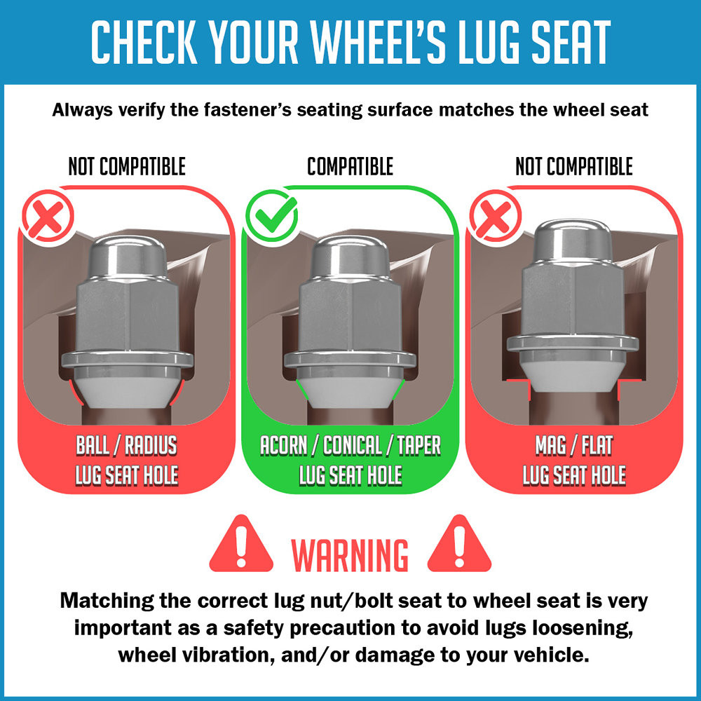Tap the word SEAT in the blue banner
[569, 42]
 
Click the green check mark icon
[272, 215]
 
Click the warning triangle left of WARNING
[241, 544]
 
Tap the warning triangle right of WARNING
[459, 544]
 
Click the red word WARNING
[350, 555]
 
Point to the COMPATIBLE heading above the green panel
[350, 166]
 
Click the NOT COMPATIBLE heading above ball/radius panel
[127, 166]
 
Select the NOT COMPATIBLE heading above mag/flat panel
[574, 166]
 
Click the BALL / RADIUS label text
[127, 445]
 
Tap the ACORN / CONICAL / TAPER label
[350, 445]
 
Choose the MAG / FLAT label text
[574, 445]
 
